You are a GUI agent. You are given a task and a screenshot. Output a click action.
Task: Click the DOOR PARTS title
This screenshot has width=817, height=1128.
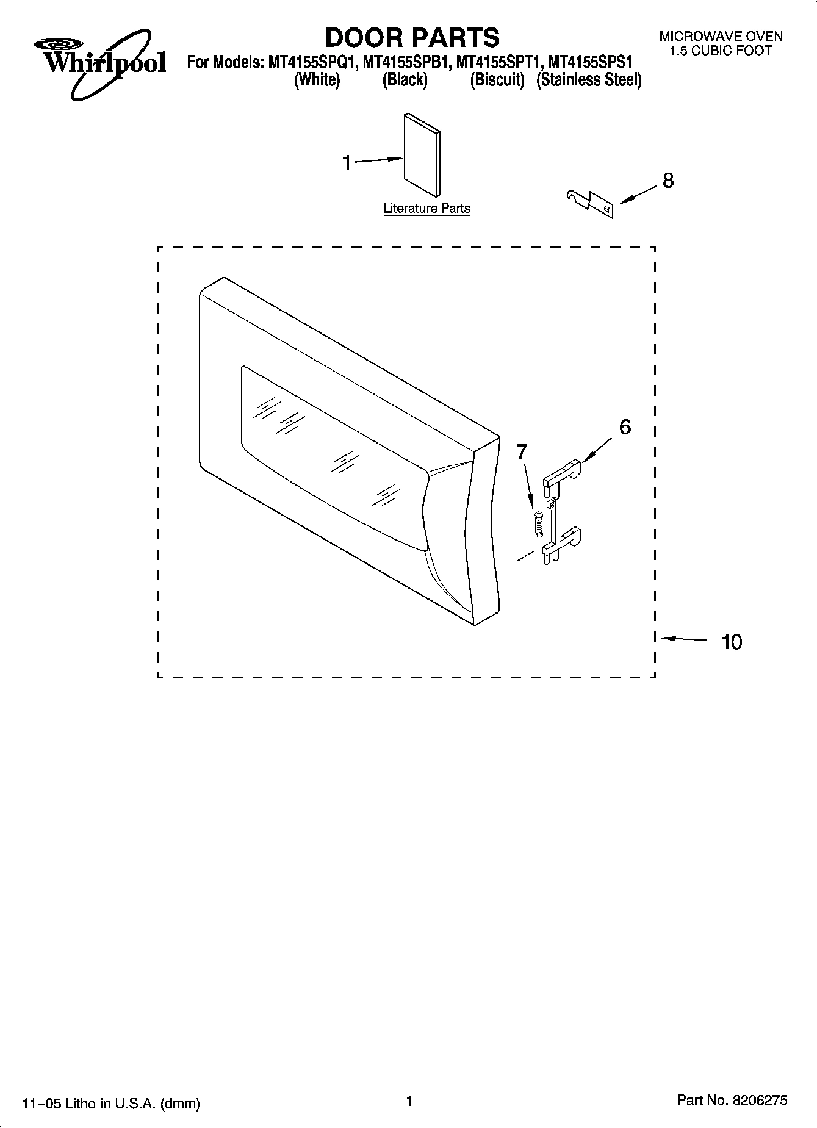412,38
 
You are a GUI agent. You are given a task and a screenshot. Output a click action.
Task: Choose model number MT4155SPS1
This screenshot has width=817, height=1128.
591,62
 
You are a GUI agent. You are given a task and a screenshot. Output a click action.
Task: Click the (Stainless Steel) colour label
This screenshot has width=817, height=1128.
589,80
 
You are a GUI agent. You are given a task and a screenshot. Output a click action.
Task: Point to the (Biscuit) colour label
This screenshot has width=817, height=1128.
497,80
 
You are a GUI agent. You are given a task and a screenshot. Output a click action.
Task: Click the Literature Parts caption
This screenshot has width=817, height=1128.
426,208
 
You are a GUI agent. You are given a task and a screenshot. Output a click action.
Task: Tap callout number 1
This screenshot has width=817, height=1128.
347,163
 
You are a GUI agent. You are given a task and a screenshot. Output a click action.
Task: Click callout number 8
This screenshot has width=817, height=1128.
668,181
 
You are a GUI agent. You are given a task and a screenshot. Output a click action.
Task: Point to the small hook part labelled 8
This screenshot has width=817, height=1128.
588,203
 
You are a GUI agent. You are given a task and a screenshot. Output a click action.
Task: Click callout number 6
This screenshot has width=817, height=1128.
625,427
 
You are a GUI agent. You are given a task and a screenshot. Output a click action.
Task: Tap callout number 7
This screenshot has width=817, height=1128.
522,451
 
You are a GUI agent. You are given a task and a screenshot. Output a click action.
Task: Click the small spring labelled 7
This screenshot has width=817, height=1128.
538,523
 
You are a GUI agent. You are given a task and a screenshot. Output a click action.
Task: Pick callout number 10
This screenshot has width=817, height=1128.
732,642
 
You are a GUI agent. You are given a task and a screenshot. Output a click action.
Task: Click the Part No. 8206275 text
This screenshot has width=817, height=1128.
732,1101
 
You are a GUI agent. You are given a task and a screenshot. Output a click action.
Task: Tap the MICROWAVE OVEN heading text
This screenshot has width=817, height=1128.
721,37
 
